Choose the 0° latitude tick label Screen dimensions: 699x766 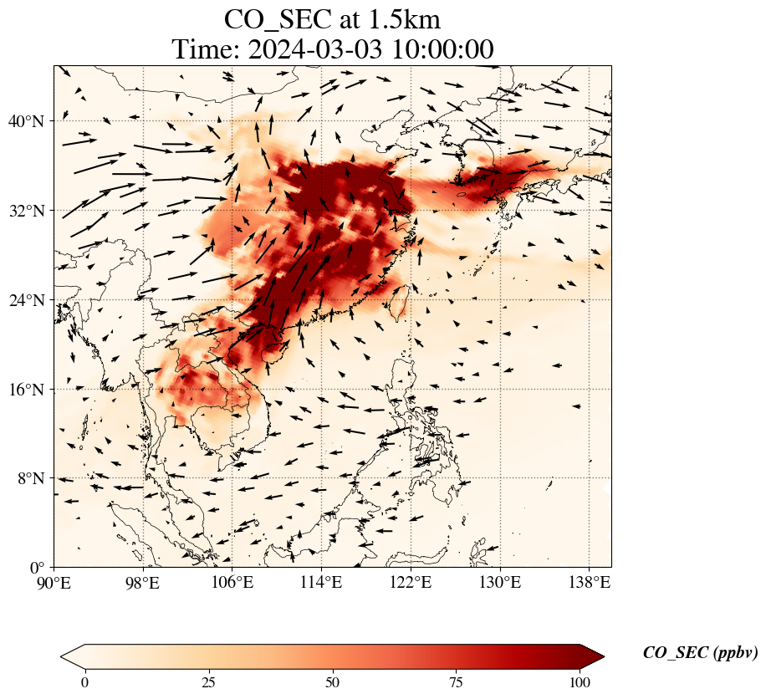(36, 568)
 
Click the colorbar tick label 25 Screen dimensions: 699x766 (209, 682)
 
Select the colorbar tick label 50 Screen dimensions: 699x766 (333, 682)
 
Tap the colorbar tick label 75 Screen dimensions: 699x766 (457, 682)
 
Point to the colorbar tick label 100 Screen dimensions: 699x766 (580, 682)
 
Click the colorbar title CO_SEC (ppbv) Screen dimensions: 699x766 (700, 654)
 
